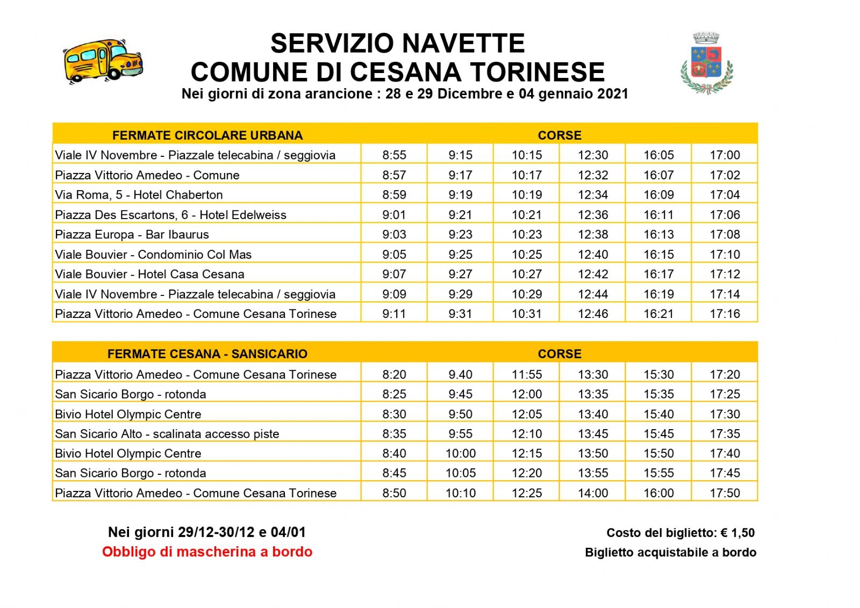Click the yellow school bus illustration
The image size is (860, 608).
coord(103,60)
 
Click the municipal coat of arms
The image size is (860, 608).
coord(706,63)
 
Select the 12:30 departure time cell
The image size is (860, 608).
coord(592,155)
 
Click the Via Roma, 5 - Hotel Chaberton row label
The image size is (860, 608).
coord(139,195)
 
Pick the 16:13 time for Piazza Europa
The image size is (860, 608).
coord(658,235)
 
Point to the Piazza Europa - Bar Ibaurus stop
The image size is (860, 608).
coord(132,235)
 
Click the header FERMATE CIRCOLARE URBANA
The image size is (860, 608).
coord(207,135)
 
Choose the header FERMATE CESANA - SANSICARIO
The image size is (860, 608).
coord(207,354)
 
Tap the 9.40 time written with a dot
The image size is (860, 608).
coord(460,374)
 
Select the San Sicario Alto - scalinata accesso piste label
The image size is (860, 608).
coord(167,434)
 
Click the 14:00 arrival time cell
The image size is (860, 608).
coord(592,493)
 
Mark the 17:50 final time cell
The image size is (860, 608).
coord(725,493)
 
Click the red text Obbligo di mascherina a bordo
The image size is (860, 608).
coord(207,552)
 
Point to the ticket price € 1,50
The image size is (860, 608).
coord(737,533)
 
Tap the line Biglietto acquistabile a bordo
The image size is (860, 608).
coord(670,553)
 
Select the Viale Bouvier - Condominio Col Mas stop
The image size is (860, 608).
coord(153,255)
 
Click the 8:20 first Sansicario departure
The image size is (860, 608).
coord(394,374)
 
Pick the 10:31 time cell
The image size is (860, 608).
coord(526,314)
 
